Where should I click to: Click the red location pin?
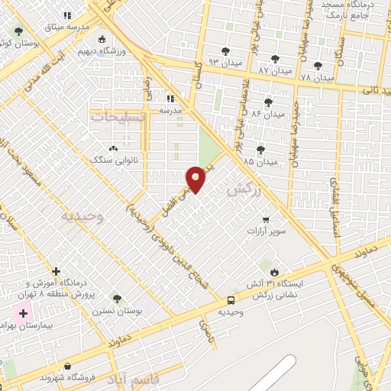(197, 179)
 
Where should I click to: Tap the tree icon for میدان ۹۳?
(225, 51)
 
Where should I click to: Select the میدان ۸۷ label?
(275, 70)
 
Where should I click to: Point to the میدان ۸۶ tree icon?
(268, 101)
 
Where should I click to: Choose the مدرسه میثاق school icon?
(67, 15)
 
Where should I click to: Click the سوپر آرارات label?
(265, 230)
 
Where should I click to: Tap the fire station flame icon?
(273, 271)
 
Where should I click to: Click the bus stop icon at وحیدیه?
(231, 299)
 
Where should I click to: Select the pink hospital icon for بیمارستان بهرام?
(23, 313)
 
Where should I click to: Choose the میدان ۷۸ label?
(317, 77)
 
